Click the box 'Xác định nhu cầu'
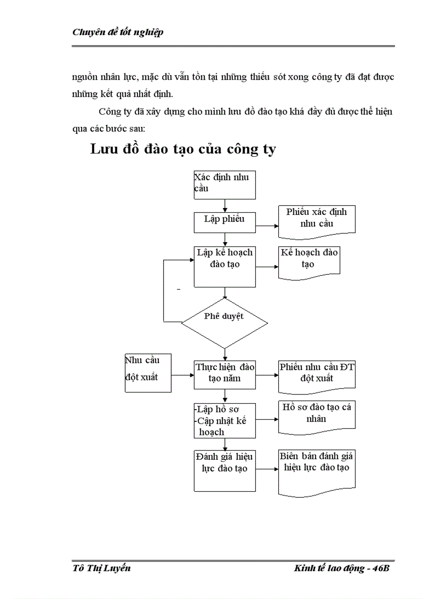coord(224,184)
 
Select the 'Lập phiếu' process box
coord(224,222)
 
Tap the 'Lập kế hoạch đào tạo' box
coord(224,266)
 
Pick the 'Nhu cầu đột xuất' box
coord(148,372)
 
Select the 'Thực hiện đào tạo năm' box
coord(224,374)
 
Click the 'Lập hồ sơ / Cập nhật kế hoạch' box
coord(224,420)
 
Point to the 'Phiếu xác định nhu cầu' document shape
coord(317,219)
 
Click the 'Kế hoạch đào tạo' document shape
coord(309,261)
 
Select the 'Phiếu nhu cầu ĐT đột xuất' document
coord(317,374)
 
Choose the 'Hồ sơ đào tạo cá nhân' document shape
coord(317,415)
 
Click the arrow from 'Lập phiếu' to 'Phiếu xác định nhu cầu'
coord(267,226)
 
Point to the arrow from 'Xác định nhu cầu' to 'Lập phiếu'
coord(224,205)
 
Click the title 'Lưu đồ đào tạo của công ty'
coord(183,149)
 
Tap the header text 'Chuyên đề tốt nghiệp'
coord(117,32)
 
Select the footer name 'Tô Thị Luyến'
coord(101,568)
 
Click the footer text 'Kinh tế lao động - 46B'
coord(342,568)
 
